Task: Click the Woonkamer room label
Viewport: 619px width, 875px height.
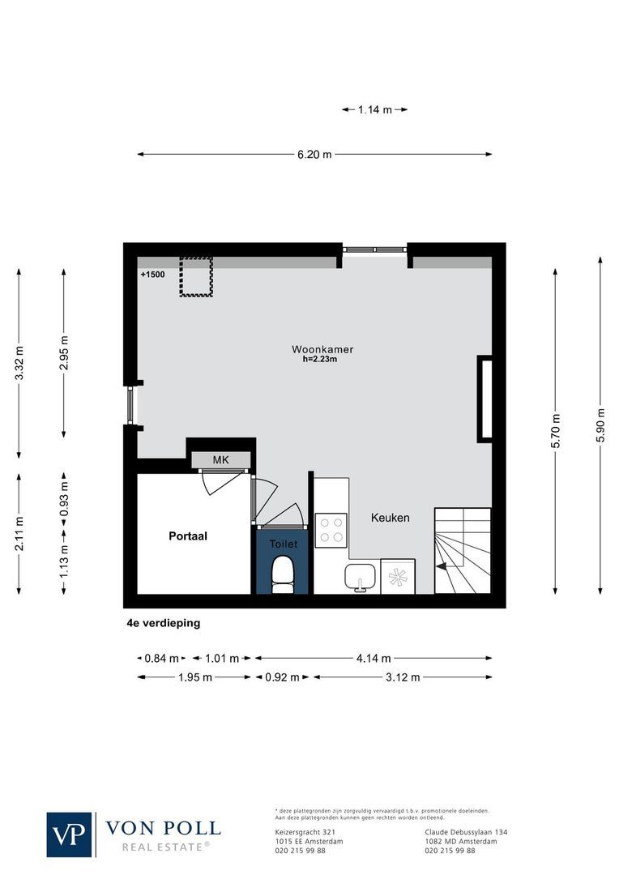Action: coord(322,350)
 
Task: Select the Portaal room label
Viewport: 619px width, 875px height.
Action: coord(188,536)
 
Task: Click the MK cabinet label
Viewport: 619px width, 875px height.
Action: coord(220,460)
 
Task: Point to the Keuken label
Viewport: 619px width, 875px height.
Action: coord(391,518)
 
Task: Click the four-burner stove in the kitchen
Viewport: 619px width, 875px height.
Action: coord(331,529)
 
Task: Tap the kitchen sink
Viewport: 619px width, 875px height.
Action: coord(359,577)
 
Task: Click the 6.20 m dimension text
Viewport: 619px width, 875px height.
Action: coord(314,155)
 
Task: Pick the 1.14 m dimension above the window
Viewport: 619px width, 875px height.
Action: coord(374,109)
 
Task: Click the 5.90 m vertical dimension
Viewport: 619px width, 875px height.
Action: coord(600,425)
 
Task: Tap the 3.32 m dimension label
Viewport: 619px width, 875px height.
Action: coord(19,362)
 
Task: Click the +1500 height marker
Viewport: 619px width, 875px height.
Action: coord(152,275)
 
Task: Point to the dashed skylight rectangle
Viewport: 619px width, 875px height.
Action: coord(196,277)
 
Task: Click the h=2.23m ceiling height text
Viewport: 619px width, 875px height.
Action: coord(319,360)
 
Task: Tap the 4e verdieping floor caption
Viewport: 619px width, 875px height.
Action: coord(163,623)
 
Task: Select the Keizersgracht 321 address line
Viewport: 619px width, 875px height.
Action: coord(301,832)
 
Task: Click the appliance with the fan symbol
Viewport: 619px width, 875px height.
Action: coord(398,577)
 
